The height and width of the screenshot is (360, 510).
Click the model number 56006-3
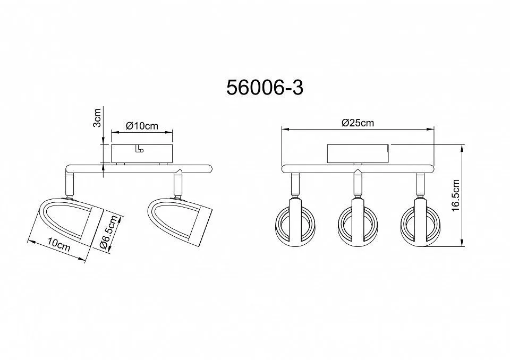coord(265,88)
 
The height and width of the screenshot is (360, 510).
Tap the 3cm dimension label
coord(97,118)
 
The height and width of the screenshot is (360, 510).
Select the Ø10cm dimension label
coord(142,125)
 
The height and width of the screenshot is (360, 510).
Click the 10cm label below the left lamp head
coord(58,244)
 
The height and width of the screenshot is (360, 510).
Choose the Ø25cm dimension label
coord(358,123)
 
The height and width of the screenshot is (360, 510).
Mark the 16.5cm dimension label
coord(455,195)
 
